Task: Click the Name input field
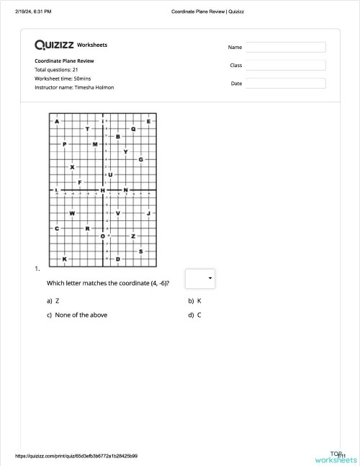tap(286, 47)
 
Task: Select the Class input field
tap(286, 65)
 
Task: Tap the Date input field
tap(286, 83)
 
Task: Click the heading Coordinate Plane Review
tap(64, 61)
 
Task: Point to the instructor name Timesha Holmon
tap(74, 87)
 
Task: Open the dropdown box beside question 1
tap(200, 278)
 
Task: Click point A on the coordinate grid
tap(57, 121)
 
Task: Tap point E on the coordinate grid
tap(148, 121)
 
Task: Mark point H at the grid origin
tap(102, 190)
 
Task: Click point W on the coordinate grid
tap(72, 213)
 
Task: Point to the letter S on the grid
tap(140, 251)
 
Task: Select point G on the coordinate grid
tap(140, 159)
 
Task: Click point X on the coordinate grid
tap(72, 167)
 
